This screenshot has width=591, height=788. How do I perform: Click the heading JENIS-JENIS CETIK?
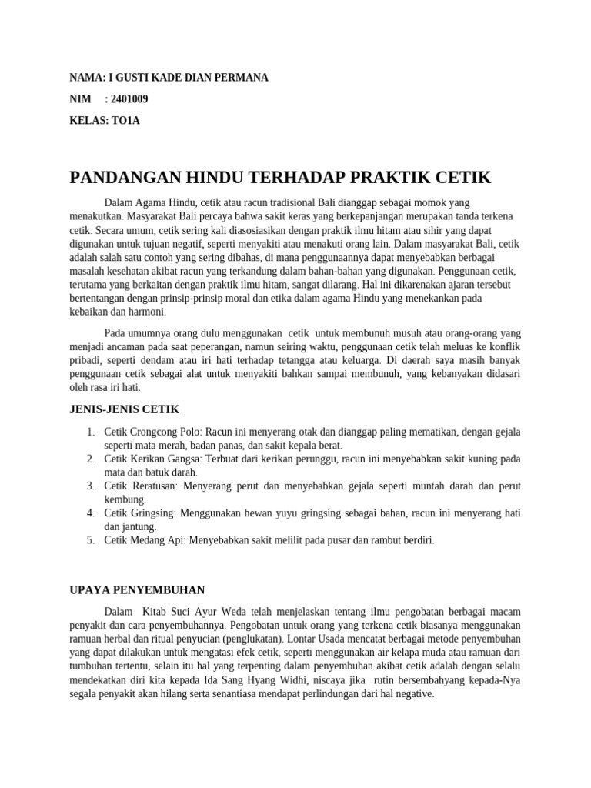[124, 409]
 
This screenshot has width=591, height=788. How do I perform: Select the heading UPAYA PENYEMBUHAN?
[137, 590]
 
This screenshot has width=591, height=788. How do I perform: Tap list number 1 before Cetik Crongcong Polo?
[90, 432]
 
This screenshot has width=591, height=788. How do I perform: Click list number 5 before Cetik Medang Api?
[90, 540]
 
